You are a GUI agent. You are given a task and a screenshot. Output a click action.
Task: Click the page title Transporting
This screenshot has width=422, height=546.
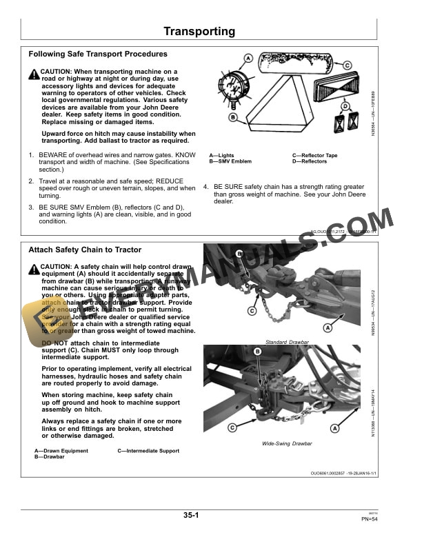(199, 32)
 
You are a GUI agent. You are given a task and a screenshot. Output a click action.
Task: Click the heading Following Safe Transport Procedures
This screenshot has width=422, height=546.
(97, 54)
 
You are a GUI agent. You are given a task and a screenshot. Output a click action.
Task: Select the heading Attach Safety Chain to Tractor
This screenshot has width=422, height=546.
(85, 250)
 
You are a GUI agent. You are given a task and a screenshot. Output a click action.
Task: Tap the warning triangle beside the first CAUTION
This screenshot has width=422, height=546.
(34, 73)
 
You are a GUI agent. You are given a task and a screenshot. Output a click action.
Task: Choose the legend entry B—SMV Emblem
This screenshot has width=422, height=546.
(230, 161)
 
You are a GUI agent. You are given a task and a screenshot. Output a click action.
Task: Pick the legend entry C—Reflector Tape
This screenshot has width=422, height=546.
(314, 156)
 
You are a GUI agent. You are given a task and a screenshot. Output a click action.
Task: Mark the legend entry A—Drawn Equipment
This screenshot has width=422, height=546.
(61, 451)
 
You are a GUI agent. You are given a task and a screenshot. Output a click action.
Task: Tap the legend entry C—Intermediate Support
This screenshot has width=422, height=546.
(148, 451)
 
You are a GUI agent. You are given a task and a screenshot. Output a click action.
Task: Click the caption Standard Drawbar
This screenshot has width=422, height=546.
(286, 342)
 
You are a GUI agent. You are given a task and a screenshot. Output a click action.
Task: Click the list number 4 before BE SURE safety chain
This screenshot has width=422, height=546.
(205, 187)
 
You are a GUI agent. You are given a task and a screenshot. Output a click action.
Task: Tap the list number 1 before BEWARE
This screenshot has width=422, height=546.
(31, 156)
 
